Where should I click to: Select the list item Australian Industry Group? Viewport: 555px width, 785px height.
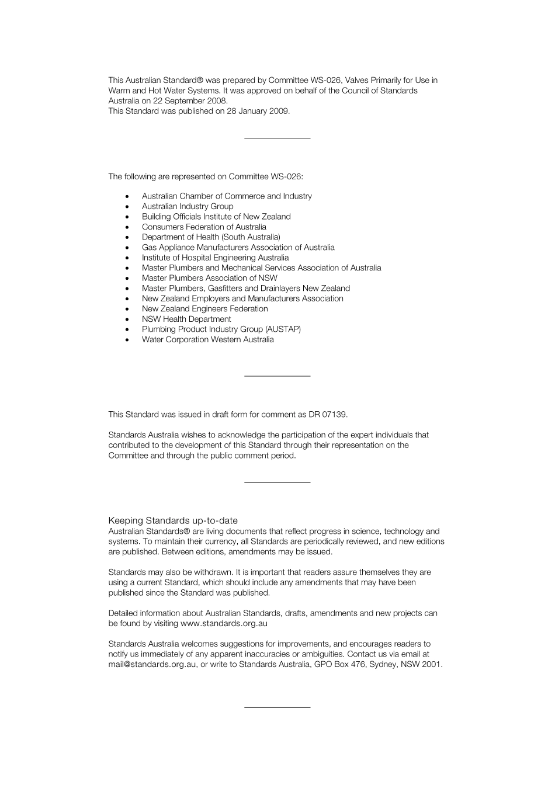pyautogui.click(x=188, y=206)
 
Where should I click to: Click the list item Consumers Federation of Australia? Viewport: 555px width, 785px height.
pyautogui.click(x=204, y=227)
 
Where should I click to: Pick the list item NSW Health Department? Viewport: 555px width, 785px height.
pyautogui.click(x=186, y=319)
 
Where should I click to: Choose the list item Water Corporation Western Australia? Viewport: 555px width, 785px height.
pyautogui.click(x=207, y=339)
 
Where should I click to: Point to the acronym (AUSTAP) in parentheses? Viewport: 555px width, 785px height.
pyautogui.click(x=283, y=329)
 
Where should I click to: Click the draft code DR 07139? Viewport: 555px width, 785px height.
pyautogui.click(x=328, y=415)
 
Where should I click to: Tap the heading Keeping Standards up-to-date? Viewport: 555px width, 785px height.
pyautogui.click(x=173, y=520)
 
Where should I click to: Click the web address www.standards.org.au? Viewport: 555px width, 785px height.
pyautogui.click(x=224, y=623)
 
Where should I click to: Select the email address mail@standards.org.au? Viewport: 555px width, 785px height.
pyautogui.click(x=152, y=664)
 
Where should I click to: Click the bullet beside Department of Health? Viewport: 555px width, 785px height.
pyautogui.click(x=127, y=237)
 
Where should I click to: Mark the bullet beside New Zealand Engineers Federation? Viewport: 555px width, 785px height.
pyautogui.click(x=127, y=309)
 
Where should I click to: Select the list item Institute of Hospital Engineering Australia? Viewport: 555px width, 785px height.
pyautogui.click(x=215, y=258)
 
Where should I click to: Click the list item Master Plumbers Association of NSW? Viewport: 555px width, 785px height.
pyautogui.click(x=209, y=278)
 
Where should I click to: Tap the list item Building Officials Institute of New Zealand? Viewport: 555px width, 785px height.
pyautogui.click(x=216, y=217)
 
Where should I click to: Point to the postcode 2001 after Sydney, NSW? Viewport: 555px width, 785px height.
pyautogui.click(x=432, y=664)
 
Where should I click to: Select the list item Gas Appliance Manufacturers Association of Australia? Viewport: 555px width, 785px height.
pyautogui.click(x=238, y=247)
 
